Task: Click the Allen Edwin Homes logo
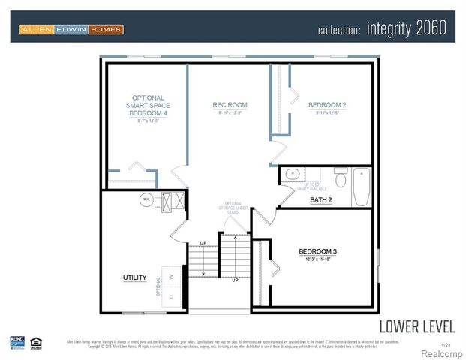point(71,29)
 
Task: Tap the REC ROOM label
point(230,105)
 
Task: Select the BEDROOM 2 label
point(326,105)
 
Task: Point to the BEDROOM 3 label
point(318,250)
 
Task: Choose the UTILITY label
point(134,277)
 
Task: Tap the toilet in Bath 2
point(339,179)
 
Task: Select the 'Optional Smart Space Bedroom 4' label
point(148,105)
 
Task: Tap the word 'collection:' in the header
point(340,30)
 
